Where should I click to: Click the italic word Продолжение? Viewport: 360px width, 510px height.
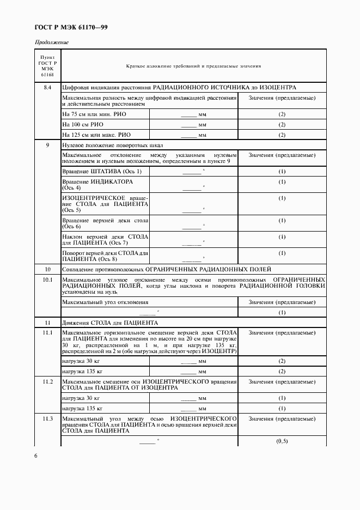52,42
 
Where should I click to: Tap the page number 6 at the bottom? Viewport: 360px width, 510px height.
36,456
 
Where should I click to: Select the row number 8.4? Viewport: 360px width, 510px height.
47,87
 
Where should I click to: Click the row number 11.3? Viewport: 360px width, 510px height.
47,418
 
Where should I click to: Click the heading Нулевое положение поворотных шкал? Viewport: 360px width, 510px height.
113,145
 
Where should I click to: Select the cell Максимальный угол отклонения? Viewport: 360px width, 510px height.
105,302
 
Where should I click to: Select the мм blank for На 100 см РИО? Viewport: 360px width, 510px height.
193,125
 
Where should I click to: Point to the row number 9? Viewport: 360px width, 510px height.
47,145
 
